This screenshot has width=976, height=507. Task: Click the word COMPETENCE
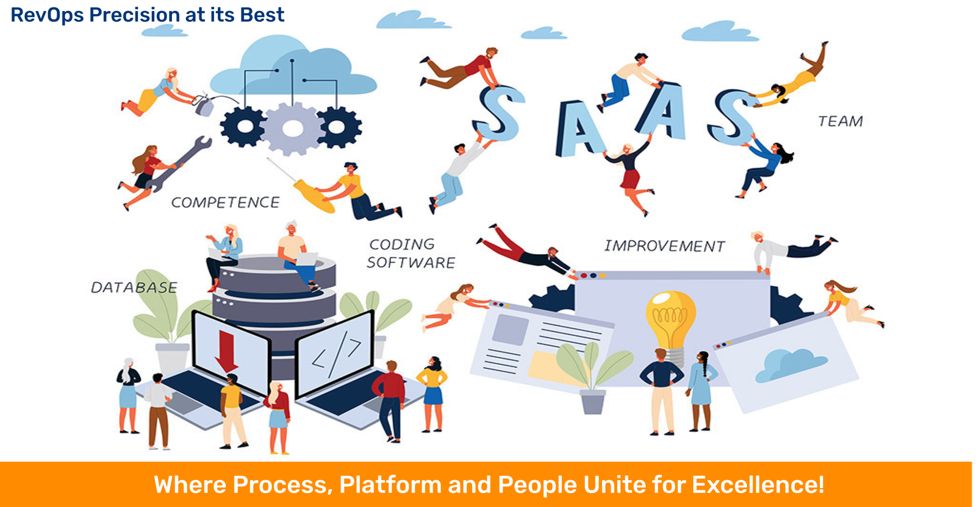(225, 202)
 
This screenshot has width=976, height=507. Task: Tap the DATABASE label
(134, 287)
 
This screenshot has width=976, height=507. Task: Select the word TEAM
(841, 121)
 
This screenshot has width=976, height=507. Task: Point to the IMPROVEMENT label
(664, 246)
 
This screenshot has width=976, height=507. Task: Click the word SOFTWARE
(411, 263)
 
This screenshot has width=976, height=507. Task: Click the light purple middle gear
(293, 129)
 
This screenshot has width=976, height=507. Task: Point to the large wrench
(179, 164)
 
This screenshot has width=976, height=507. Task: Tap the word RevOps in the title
(46, 15)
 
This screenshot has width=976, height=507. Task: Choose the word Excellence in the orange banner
(758, 485)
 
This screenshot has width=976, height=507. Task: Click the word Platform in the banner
(390, 485)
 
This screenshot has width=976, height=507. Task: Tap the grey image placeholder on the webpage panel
(510, 330)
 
